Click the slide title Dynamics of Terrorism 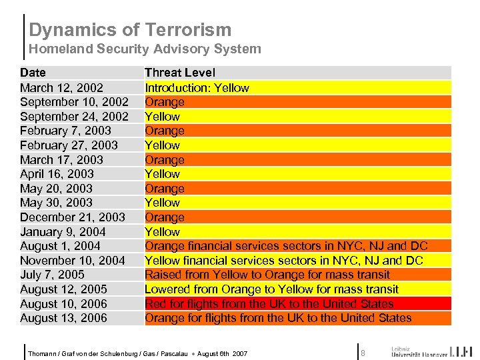[130, 30]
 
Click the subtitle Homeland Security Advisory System [145, 49]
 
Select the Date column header [33, 73]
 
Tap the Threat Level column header [180, 73]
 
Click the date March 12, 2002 [61, 87]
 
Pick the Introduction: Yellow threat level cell [197, 87]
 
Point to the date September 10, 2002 [74, 102]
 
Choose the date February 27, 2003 [69, 145]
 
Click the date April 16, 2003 [57, 174]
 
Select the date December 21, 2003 [72, 217]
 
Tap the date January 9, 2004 [63, 232]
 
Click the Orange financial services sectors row [286, 246]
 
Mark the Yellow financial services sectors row [283, 261]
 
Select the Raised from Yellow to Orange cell [267, 275]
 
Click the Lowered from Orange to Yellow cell [271, 289]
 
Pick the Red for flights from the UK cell [269, 304]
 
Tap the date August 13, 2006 [63, 318]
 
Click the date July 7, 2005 [52, 275]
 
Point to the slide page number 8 [363, 352]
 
